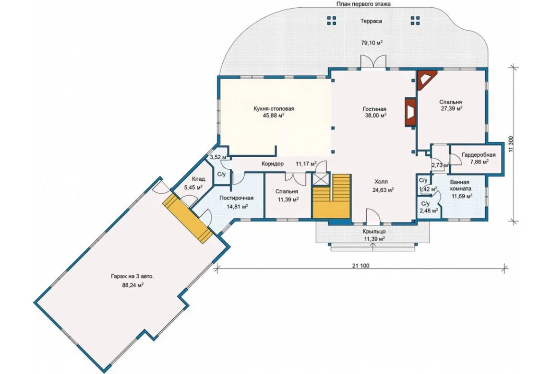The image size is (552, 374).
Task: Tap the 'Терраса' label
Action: tap(371, 21)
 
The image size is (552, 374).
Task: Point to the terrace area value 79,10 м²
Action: tap(372, 43)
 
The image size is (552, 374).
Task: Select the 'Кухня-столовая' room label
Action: tap(274, 109)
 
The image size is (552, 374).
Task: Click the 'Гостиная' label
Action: tap(374, 109)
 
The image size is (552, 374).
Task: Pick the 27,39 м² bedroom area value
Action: tap(452, 109)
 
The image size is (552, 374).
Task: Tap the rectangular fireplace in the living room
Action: tap(410, 112)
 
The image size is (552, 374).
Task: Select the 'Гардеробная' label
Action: tap(479, 155)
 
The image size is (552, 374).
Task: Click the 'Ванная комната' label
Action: tap(460, 186)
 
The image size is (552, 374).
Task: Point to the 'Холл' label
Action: tap(381, 182)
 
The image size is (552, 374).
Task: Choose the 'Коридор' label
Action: tap(273, 164)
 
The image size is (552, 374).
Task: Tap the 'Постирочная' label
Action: tap(237, 198)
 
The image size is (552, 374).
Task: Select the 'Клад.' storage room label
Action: tap(199, 179)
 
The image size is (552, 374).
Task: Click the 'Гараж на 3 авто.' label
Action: tap(132, 277)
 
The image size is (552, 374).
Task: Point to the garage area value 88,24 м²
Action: tap(132, 285)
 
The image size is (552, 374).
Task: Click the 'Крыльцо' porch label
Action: tap(374, 232)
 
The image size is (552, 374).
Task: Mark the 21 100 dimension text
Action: tap(360, 266)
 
